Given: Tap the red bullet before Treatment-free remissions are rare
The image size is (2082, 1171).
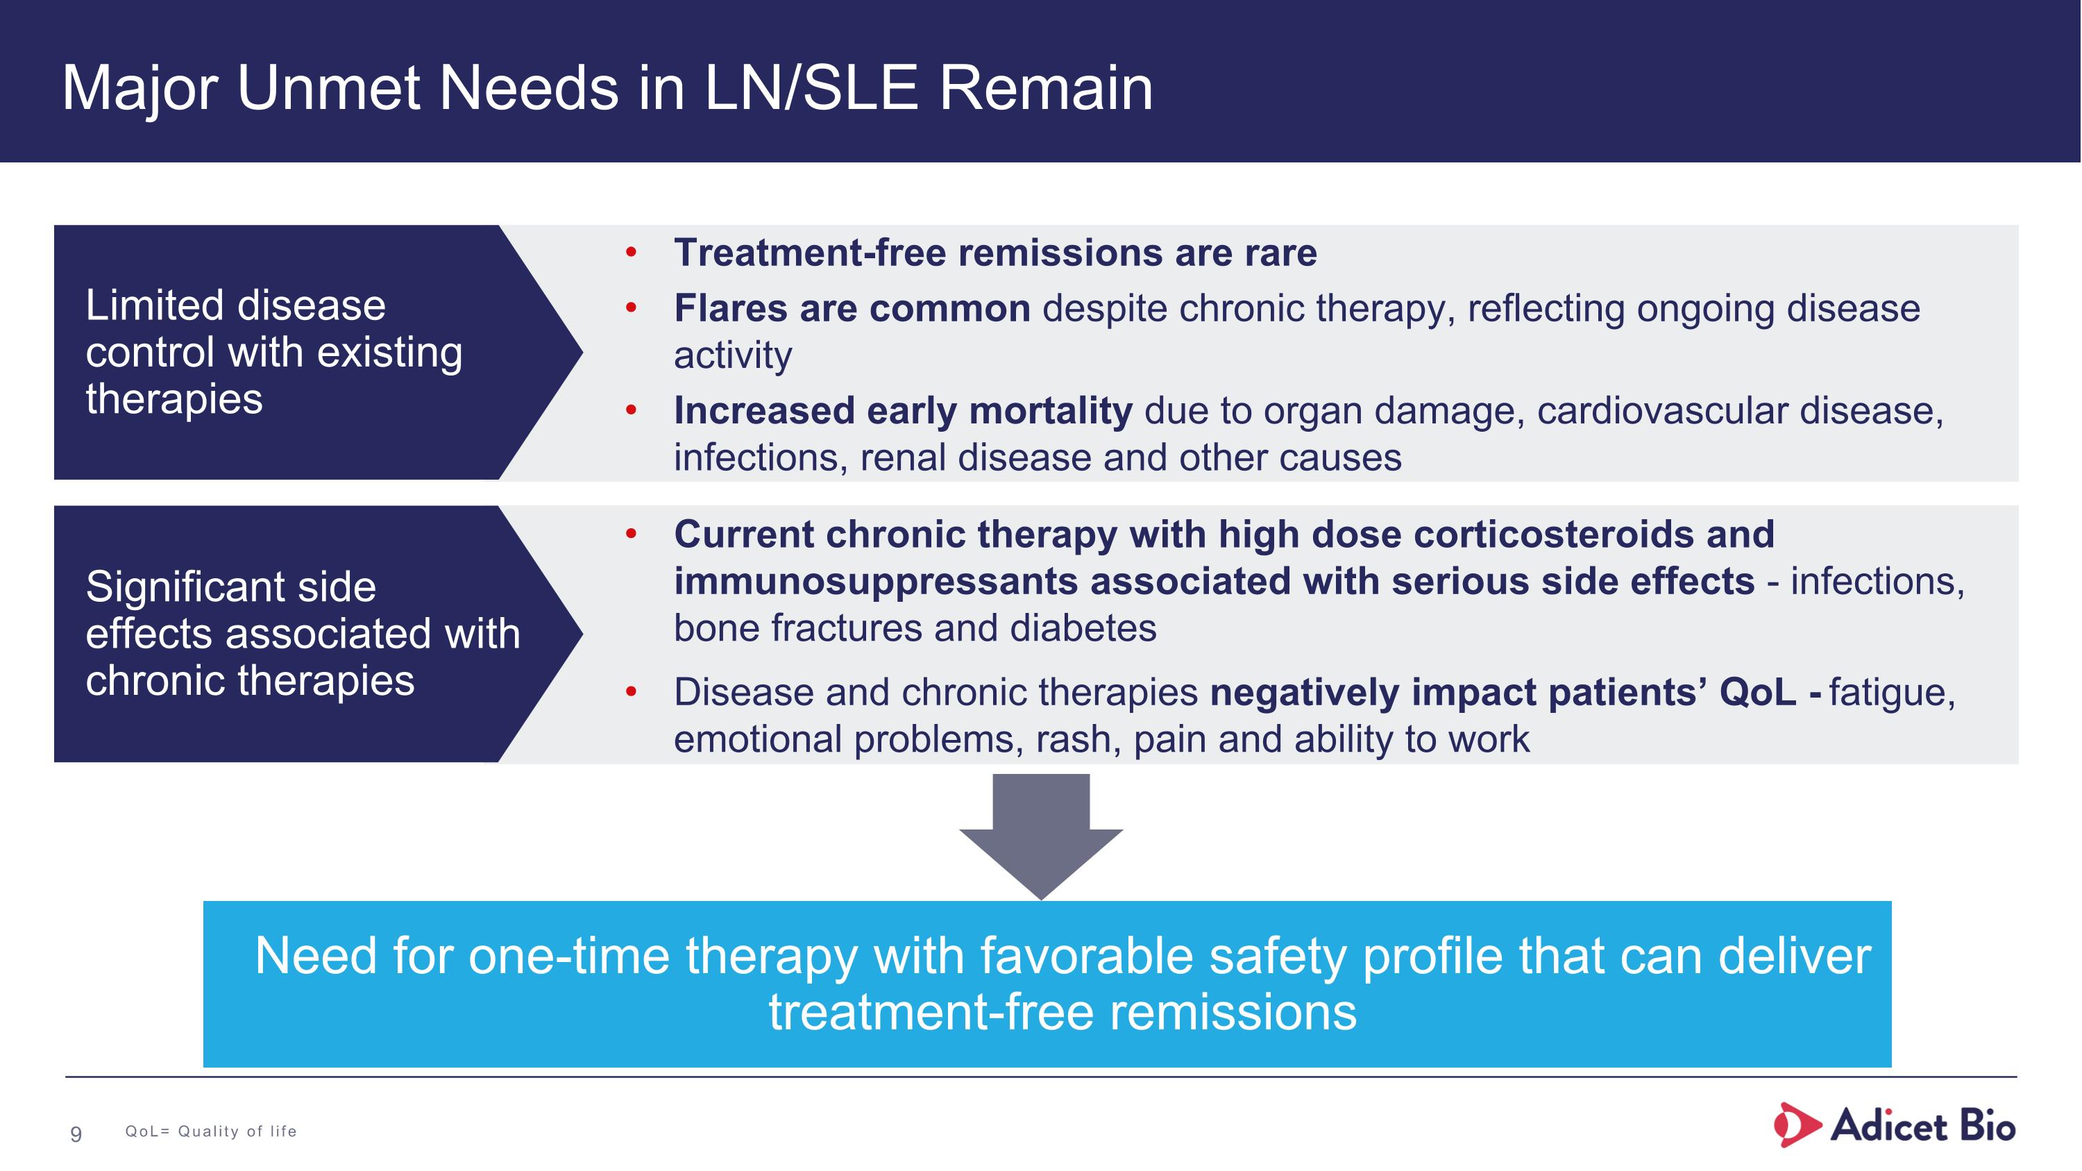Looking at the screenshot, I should (x=632, y=253).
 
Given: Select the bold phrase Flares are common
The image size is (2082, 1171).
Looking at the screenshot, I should (x=852, y=309).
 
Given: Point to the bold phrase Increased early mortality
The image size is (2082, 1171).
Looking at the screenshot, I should (x=903, y=410).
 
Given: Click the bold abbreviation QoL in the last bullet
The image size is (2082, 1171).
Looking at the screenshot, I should (x=1757, y=693).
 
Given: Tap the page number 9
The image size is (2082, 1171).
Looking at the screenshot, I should (x=76, y=1134).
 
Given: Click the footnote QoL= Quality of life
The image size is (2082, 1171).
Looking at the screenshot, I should (x=211, y=1131).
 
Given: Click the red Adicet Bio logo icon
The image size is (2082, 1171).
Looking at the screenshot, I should (x=1796, y=1125).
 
